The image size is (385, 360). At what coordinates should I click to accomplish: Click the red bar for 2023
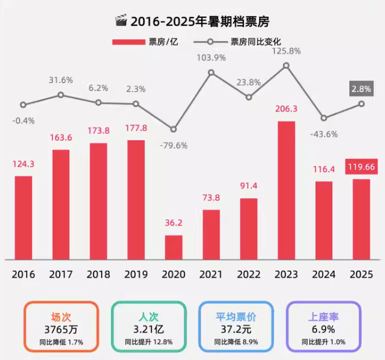pyautogui.click(x=286, y=190)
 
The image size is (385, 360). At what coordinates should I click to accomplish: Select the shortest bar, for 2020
pyautogui.click(x=173, y=247)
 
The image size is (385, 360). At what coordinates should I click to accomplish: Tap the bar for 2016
pyautogui.click(x=23, y=218)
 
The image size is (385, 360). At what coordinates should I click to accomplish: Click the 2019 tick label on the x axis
pyautogui.click(x=136, y=274)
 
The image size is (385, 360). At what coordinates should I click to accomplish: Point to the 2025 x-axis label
pyautogui.click(x=361, y=274)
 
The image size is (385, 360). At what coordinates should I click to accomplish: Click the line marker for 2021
pyautogui.click(x=211, y=73)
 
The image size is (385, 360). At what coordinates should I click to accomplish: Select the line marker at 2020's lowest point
pyautogui.click(x=173, y=129)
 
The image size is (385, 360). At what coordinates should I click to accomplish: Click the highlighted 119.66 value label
pyautogui.click(x=361, y=166)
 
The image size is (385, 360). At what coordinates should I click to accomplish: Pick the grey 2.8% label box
pyautogui.click(x=361, y=89)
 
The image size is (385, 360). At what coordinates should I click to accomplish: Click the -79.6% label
pyautogui.click(x=173, y=145)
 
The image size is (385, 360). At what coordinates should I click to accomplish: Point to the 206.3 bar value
pyautogui.click(x=286, y=109)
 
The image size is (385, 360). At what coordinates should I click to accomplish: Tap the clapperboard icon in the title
pyautogui.click(x=121, y=22)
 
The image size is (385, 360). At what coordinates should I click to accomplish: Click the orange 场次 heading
pyautogui.click(x=60, y=317)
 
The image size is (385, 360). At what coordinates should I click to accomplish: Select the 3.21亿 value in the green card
pyautogui.click(x=148, y=330)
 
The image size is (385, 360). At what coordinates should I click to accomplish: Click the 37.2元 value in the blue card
pyautogui.click(x=236, y=330)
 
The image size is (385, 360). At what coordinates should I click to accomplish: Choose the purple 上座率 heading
pyautogui.click(x=323, y=317)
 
